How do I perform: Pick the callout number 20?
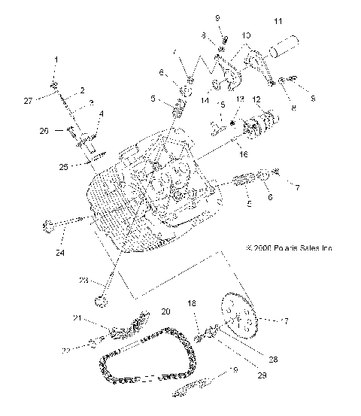(x=165, y=311)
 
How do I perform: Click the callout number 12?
(x=256, y=99)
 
